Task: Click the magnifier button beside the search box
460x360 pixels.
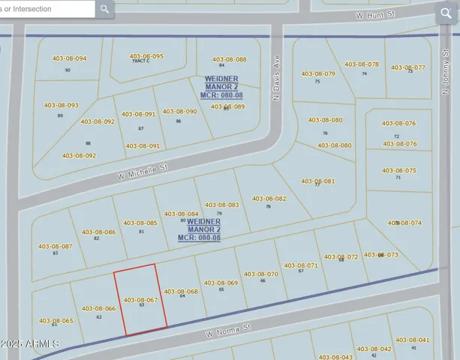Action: pyautogui.click(x=105, y=10)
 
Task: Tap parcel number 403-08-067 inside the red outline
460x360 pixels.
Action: pyautogui.click(x=140, y=299)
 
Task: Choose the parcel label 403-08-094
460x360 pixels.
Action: pyautogui.click(x=69, y=58)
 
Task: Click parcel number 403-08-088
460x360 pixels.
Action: pyautogui.click(x=229, y=59)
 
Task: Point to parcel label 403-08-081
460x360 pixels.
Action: pyautogui.click(x=317, y=181)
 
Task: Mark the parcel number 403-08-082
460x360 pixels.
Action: pyautogui.click(x=269, y=199)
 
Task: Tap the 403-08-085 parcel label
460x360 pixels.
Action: pyautogui.click(x=140, y=223)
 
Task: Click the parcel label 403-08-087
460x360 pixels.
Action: pyautogui.click(x=55, y=246)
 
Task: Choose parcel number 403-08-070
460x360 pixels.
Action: pyautogui.click(x=260, y=274)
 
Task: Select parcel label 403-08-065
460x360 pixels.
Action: pyautogui.click(x=56, y=321)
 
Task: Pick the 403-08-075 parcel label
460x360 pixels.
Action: pyautogui.click(x=399, y=170)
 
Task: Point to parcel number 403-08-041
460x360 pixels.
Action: pyautogui.click(x=413, y=340)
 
